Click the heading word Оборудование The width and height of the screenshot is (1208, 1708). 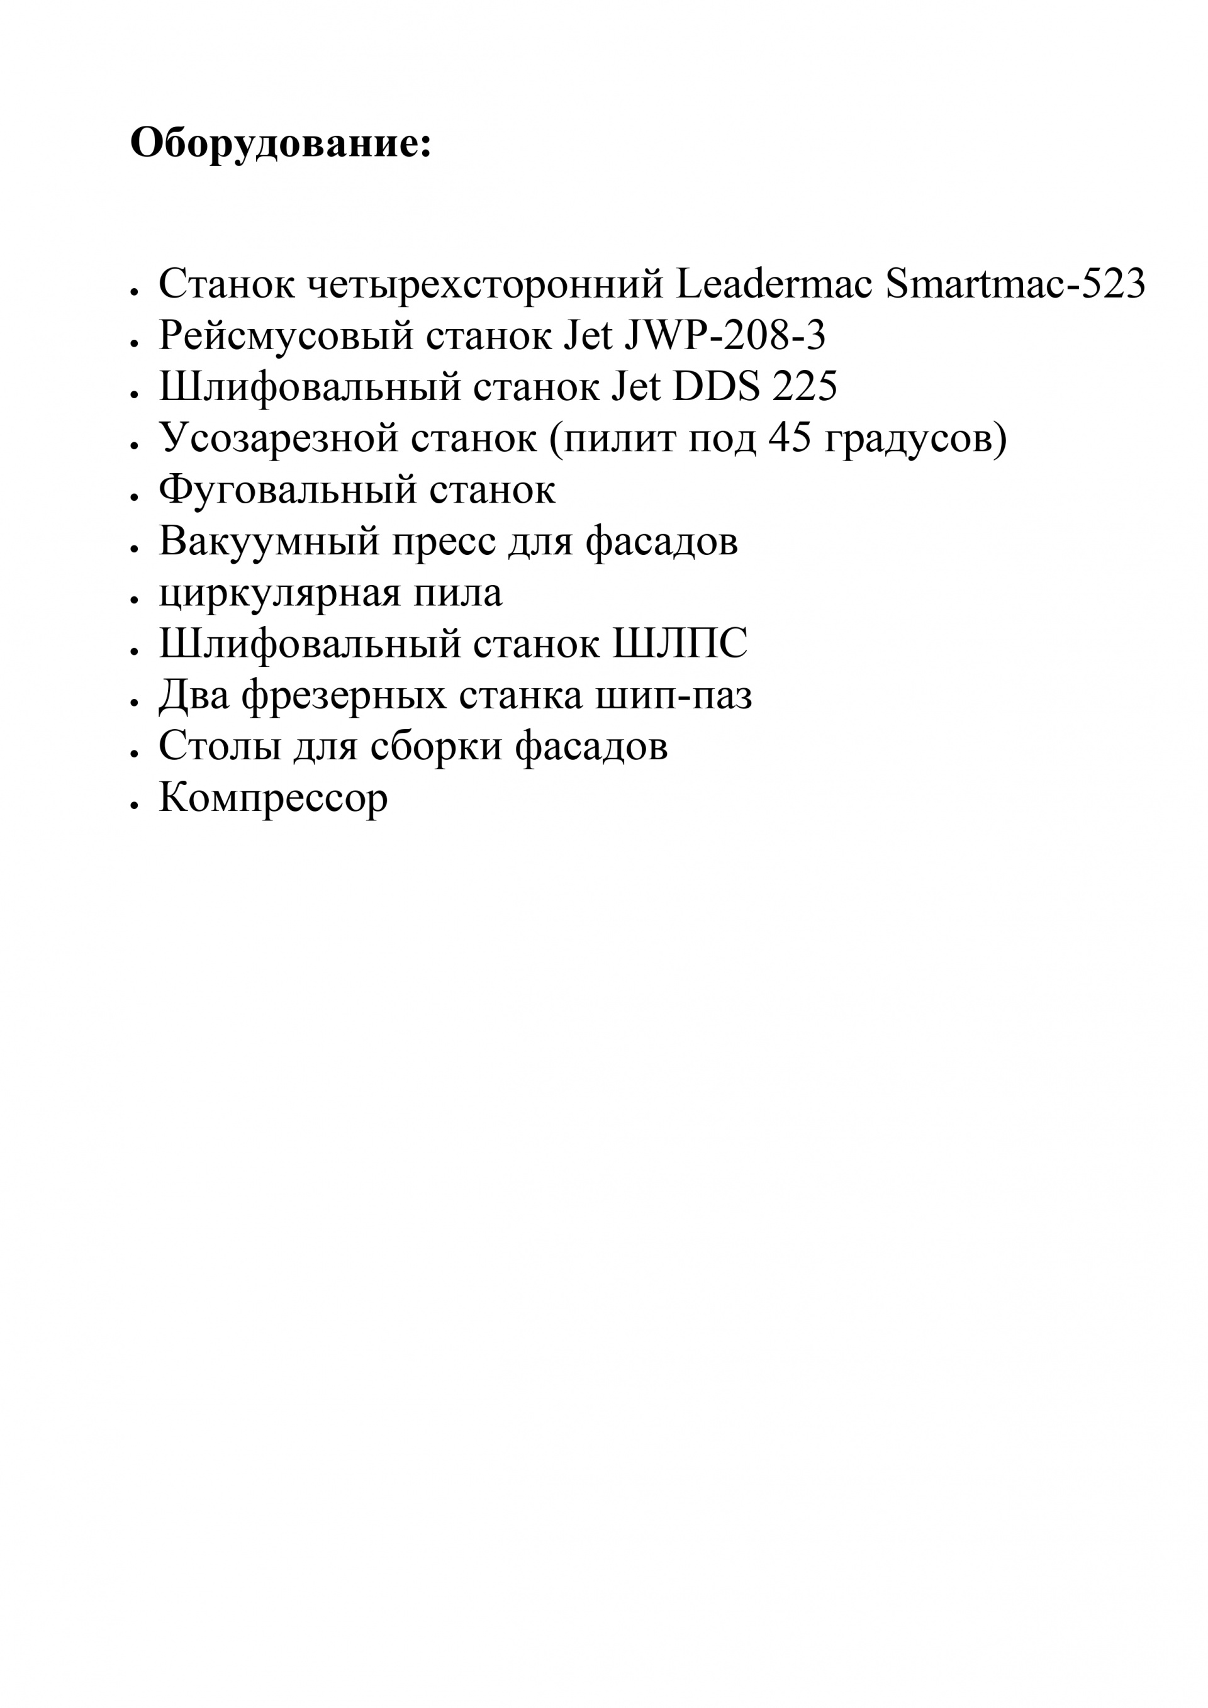[280, 142]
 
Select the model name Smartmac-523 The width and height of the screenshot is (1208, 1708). [1015, 284]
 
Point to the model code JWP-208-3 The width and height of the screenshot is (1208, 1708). [725, 335]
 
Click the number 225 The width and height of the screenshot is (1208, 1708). [805, 387]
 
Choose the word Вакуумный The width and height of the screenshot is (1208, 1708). [269, 542]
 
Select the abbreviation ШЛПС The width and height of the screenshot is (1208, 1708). [680, 644]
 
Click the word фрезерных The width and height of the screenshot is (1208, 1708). [344, 697]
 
